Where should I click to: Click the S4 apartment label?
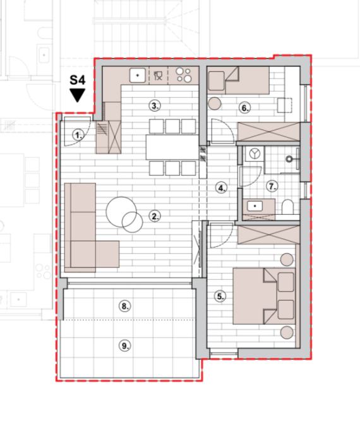click(77, 80)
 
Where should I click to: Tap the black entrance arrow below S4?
click(77, 95)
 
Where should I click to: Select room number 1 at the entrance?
click(78, 135)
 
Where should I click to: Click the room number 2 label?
click(155, 216)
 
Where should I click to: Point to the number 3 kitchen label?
click(155, 106)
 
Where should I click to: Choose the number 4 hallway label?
click(221, 188)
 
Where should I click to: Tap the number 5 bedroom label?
click(220, 296)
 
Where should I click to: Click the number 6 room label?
click(244, 107)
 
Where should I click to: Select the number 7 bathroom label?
click(272, 186)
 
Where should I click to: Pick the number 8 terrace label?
click(124, 306)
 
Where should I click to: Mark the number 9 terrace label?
click(124, 346)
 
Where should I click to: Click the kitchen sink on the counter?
click(137, 75)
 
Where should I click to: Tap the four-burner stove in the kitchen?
click(184, 75)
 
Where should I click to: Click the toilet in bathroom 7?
click(288, 207)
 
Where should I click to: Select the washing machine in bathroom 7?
click(254, 154)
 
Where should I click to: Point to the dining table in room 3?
click(172, 147)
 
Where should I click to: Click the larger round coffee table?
click(121, 212)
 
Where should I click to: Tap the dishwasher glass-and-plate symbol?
click(158, 75)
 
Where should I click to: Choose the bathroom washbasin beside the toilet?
click(255, 206)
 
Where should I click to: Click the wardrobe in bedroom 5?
click(269, 235)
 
